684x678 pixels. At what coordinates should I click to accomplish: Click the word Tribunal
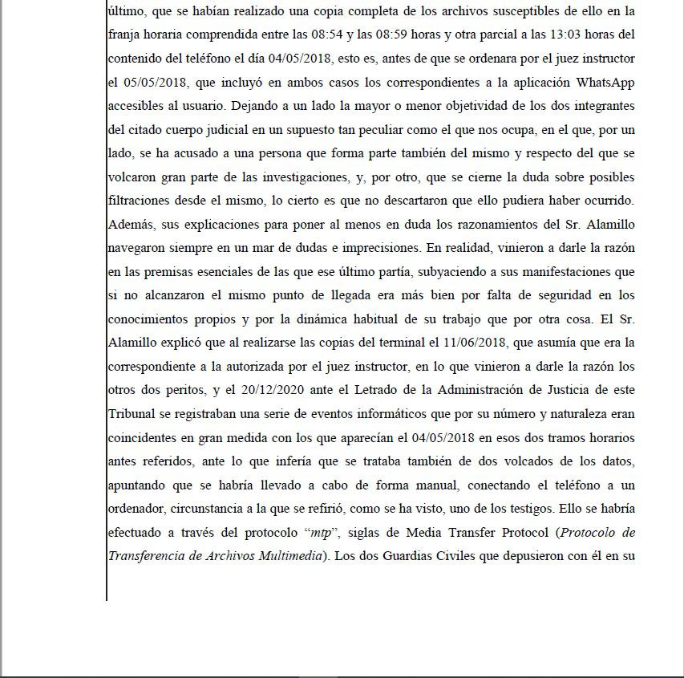pos(133,414)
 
